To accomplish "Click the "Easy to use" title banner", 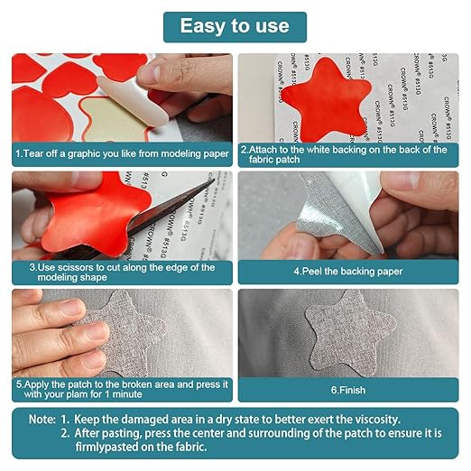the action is [235, 27].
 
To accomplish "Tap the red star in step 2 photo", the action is [327, 100].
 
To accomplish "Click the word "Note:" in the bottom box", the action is [42, 420].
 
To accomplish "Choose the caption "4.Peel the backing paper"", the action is [348, 272].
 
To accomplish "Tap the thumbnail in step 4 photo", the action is [399, 182].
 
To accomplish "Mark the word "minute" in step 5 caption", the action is [127, 394].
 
